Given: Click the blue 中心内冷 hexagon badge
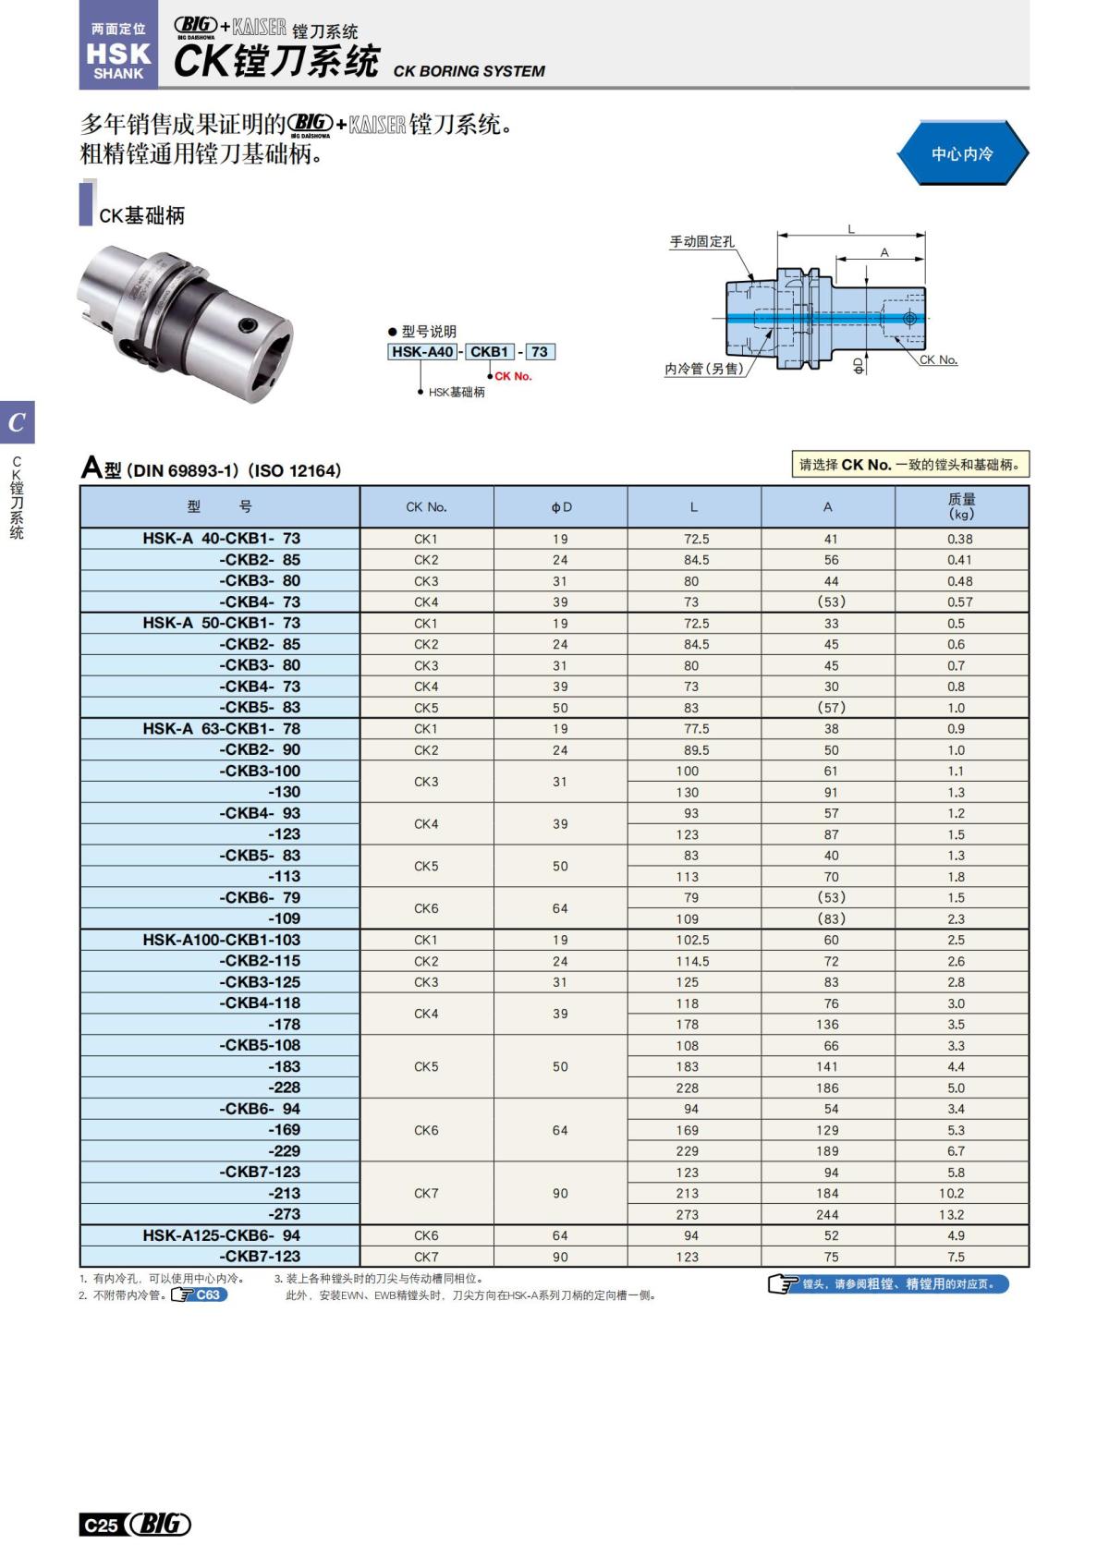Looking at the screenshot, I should (961, 153).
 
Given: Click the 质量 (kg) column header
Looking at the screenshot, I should (961, 506).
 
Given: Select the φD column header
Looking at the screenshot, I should (561, 506).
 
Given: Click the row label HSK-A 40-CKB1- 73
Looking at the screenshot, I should (221, 539).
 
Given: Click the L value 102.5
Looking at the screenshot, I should (692, 940).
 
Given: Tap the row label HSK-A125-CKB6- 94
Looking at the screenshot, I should (221, 1235).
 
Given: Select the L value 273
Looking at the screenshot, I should (687, 1214).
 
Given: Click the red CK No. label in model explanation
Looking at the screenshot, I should (513, 376).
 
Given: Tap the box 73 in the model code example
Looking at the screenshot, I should (539, 352).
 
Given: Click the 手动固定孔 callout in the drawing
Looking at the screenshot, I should (701, 242).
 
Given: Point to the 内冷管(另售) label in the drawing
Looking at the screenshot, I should (703, 369).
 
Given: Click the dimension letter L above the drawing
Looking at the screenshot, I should (850, 229).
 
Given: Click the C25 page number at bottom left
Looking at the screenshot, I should (101, 1525).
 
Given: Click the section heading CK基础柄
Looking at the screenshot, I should (141, 215).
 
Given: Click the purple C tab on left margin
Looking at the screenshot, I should (17, 422).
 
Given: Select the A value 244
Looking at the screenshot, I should (827, 1214).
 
